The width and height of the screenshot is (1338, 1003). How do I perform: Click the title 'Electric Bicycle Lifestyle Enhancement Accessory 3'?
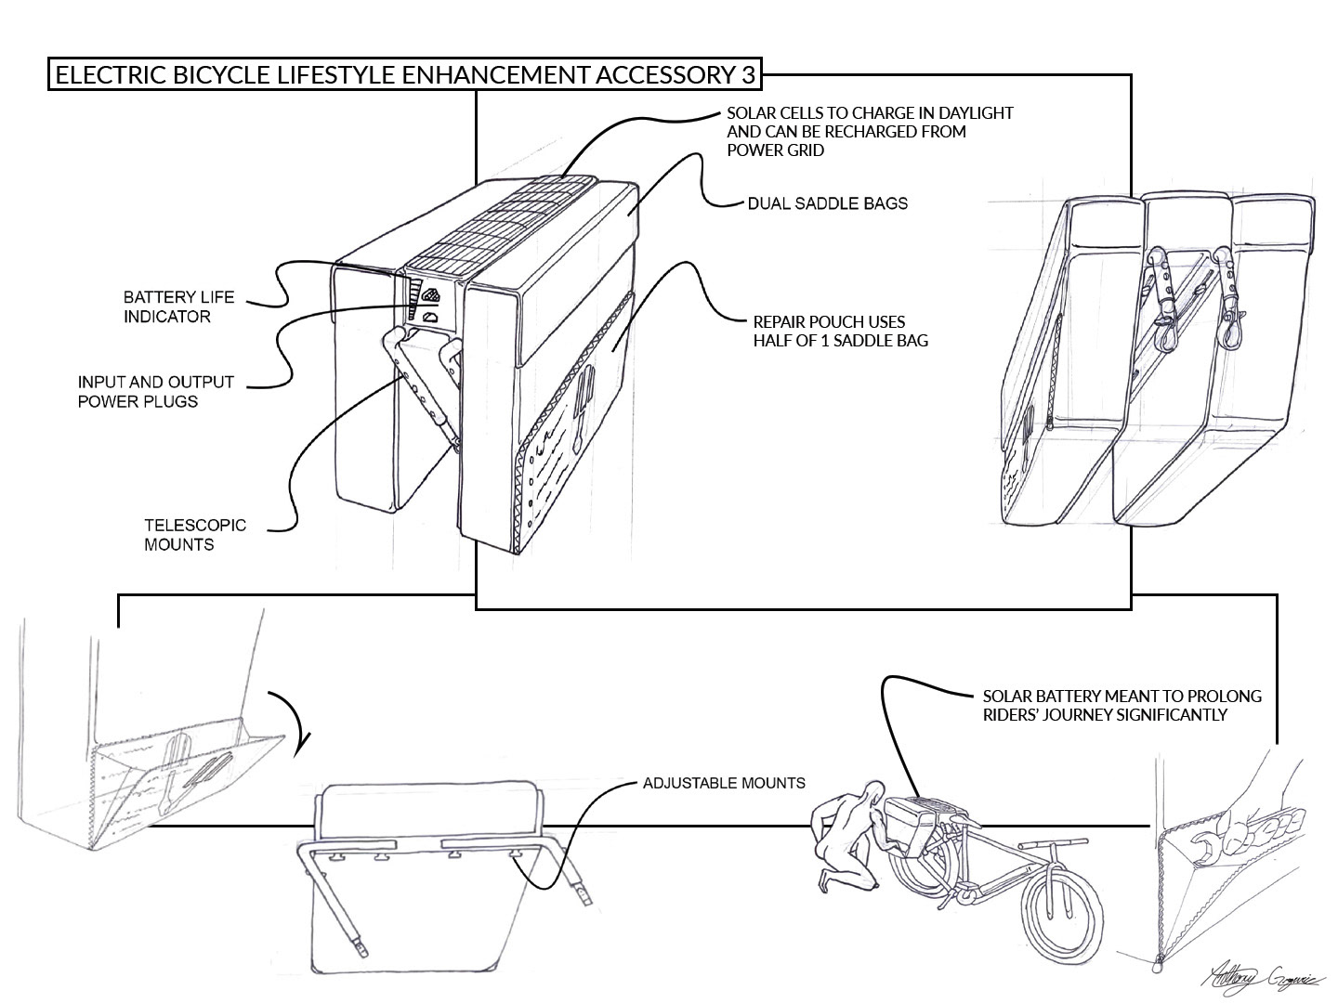tap(405, 74)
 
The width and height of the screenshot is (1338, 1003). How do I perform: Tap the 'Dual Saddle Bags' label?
tap(827, 202)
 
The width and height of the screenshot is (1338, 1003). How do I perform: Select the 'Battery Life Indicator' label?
tap(178, 307)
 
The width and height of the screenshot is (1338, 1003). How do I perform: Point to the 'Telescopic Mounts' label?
tap(195, 534)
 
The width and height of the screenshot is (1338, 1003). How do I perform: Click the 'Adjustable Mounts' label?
tap(724, 783)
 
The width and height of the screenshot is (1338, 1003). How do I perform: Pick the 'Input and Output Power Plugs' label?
tap(155, 392)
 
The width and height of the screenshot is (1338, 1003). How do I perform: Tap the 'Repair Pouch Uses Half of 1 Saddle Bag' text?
tap(840, 332)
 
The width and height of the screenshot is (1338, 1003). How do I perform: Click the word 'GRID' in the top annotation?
tap(807, 150)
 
